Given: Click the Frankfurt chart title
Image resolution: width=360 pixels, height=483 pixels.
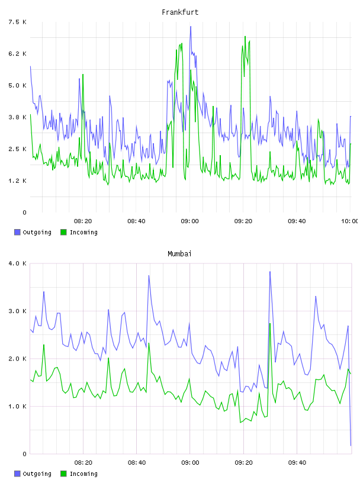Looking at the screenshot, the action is (x=180, y=12).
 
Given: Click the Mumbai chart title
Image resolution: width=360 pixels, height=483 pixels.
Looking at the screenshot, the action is (x=179, y=254).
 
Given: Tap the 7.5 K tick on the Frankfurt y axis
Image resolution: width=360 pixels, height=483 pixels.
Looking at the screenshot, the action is (x=17, y=22).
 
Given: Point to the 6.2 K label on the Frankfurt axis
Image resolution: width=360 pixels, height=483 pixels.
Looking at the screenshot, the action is (x=17, y=54).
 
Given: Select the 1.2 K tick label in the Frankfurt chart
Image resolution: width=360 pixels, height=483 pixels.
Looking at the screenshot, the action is (x=17, y=181).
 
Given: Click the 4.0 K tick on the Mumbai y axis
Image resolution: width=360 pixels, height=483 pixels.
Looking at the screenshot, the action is (x=17, y=263).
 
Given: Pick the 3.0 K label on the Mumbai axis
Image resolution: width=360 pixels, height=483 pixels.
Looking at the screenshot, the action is (x=17, y=311).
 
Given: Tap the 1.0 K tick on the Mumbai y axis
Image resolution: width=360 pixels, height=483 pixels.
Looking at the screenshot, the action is (x=17, y=406).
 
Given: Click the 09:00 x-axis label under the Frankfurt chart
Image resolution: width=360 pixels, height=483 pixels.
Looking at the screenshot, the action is (x=190, y=221).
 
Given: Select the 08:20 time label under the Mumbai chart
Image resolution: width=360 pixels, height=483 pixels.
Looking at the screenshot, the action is (x=83, y=463).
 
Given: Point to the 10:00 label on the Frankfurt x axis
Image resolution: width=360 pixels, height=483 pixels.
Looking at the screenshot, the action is (x=349, y=221).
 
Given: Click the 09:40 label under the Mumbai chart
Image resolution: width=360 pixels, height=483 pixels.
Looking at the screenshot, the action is (x=297, y=463).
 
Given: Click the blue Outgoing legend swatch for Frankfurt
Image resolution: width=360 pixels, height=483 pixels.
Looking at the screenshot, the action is (x=17, y=232).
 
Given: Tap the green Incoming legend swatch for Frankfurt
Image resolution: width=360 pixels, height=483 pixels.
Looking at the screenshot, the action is (x=63, y=232).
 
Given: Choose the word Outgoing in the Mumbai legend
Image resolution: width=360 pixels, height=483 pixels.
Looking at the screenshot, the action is (x=37, y=474).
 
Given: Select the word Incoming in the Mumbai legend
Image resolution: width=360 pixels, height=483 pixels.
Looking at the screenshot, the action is (x=83, y=474).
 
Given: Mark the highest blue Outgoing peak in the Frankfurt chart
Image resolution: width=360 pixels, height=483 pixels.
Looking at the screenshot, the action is (x=191, y=27).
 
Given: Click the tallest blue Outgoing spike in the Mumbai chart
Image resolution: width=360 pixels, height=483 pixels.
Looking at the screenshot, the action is (x=270, y=272).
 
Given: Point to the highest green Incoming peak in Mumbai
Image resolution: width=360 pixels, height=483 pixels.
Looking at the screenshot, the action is (x=270, y=324).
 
